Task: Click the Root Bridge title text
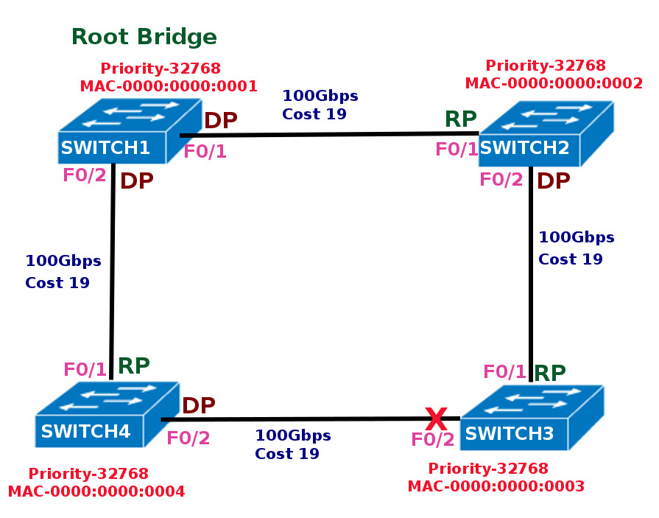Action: click(x=144, y=37)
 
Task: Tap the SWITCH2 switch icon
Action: click(x=546, y=133)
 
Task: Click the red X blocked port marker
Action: click(x=436, y=419)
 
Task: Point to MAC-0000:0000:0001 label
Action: click(x=169, y=86)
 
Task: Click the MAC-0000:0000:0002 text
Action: click(x=554, y=83)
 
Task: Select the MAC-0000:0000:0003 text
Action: click(x=496, y=486)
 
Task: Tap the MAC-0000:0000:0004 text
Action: click(x=96, y=491)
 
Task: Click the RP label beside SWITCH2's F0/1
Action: click(x=460, y=119)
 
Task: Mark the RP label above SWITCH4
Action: click(x=134, y=365)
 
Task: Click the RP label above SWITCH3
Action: click(x=549, y=374)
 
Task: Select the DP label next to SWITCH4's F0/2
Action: click(x=198, y=405)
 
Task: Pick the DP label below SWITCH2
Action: click(x=553, y=181)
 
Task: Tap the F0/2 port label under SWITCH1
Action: click(x=84, y=175)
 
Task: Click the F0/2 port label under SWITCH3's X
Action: click(x=432, y=440)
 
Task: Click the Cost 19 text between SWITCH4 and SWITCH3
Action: click(x=287, y=454)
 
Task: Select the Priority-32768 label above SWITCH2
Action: click(x=546, y=66)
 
